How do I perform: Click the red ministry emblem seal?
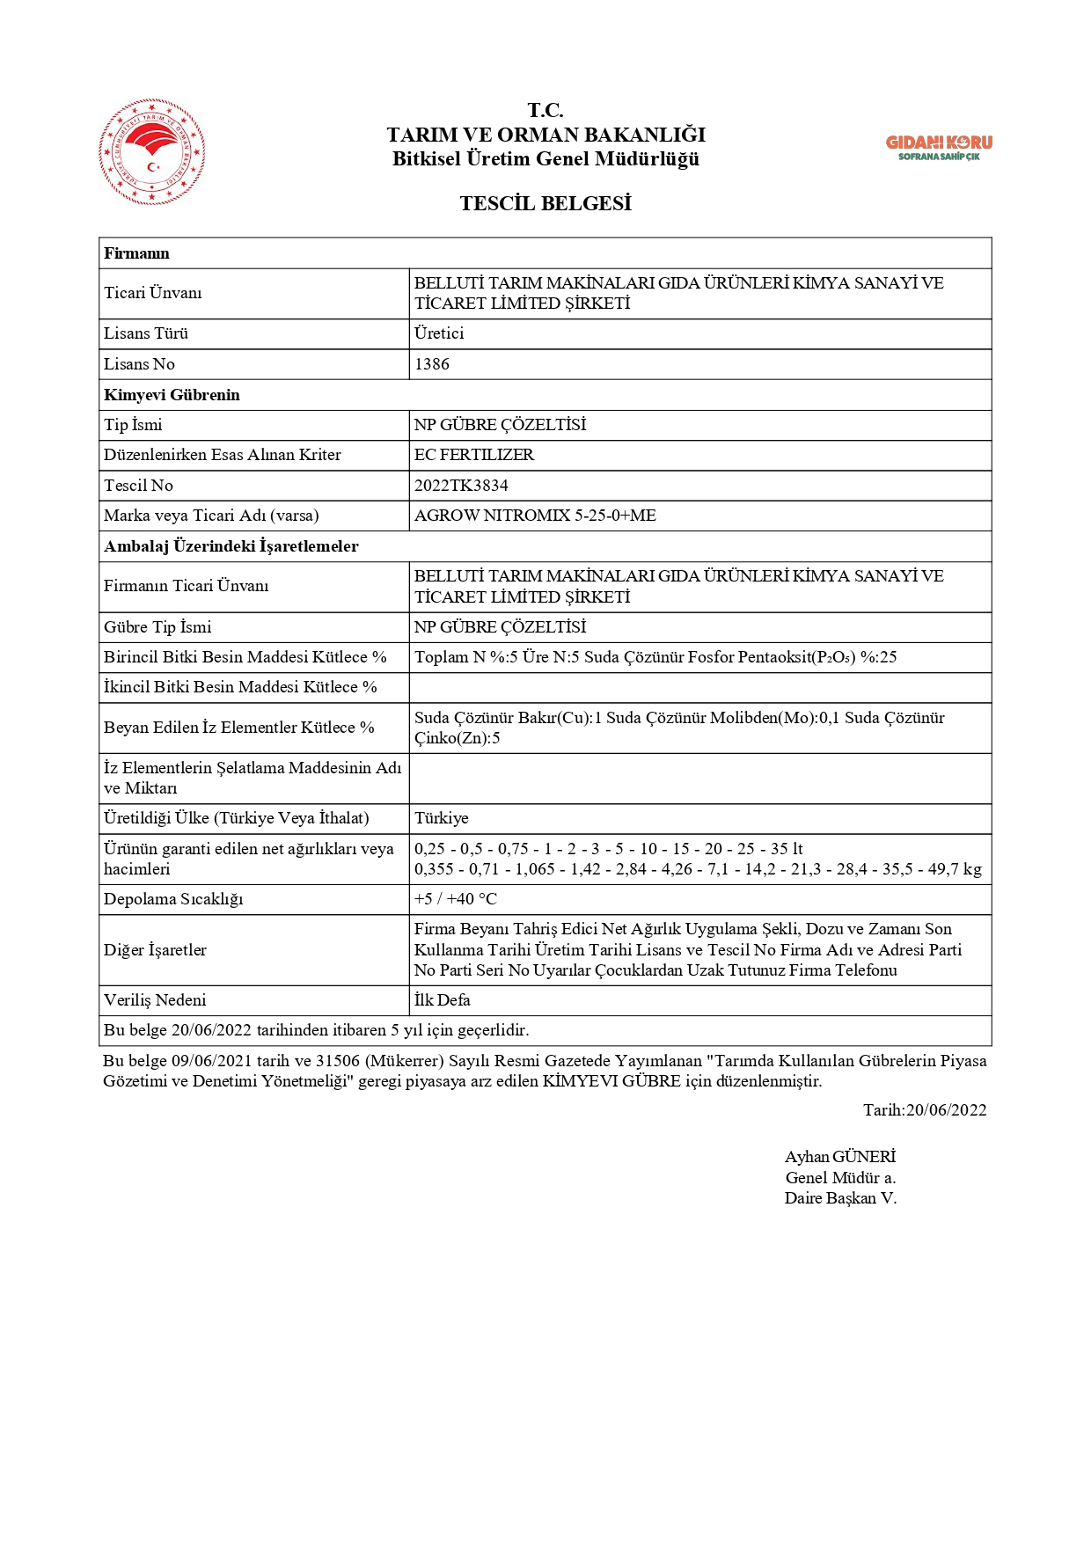click(152, 152)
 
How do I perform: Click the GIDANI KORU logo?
click(938, 147)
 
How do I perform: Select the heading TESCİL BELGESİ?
click(545, 203)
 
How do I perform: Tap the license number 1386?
click(432, 364)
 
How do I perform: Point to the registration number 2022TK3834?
click(461, 486)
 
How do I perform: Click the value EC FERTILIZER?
click(474, 455)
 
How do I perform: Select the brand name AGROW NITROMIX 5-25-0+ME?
click(535, 516)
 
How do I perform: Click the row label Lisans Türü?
click(146, 333)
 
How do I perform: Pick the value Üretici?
click(439, 333)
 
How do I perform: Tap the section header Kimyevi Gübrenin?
click(172, 395)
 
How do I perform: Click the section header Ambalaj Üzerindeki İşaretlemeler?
click(231, 546)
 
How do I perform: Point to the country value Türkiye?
click(442, 818)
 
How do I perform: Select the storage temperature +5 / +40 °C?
click(456, 899)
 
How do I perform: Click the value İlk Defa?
click(443, 1000)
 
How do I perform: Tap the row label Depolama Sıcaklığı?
click(173, 899)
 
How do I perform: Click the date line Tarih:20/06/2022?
click(924, 1110)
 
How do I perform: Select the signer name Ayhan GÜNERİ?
click(839, 1157)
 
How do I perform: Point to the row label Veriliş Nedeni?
click(155, 1000)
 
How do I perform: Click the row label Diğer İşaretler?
click(155, 950)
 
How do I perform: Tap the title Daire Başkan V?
click(840, 1198)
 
